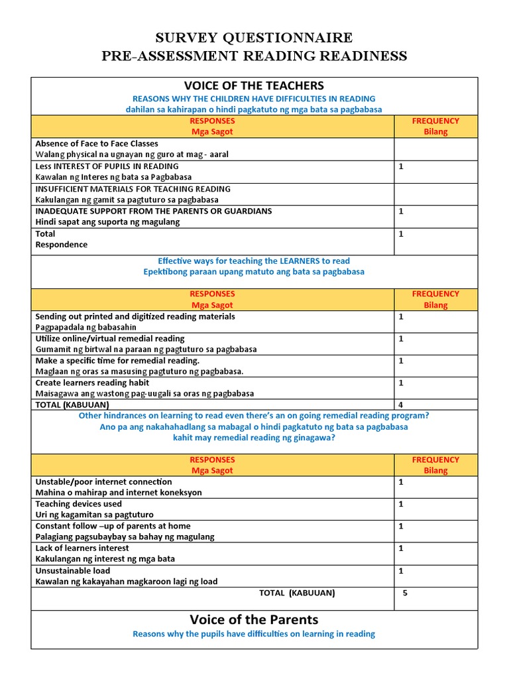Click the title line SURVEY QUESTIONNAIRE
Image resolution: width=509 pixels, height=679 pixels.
[x=254, y=37]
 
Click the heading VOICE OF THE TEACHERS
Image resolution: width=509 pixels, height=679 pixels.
[x=254, y=86]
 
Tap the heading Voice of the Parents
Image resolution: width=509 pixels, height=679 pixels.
[x=254, y=619]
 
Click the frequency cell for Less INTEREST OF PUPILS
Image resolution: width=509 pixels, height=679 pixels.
[x=401, y=166]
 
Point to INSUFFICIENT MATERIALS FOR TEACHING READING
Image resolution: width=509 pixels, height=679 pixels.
[x=133, y=189]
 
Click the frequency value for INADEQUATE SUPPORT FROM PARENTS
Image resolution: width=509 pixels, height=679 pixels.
[x=401, y=212]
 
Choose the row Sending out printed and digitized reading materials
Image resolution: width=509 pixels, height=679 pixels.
[x=135, y=316]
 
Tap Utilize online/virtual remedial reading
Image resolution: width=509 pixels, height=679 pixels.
[x=110, y=338]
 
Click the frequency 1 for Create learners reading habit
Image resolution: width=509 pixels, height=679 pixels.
[x=401, y=383]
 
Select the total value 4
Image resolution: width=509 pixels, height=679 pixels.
[x=401, y=404]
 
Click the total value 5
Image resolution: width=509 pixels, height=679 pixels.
[x=405, y=593]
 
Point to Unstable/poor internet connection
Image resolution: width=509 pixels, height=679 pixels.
[x=103, y=481]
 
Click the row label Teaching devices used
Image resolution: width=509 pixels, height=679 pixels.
[x=78, y=504]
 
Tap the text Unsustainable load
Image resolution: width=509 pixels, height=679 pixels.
[x=73, y=570]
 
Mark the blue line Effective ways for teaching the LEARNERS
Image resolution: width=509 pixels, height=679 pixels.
[x=254, y=261]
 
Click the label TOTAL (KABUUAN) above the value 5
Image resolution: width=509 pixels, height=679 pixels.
[x=297, y=593]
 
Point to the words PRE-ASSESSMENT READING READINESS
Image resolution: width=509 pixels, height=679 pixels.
[x=254, y=56]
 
